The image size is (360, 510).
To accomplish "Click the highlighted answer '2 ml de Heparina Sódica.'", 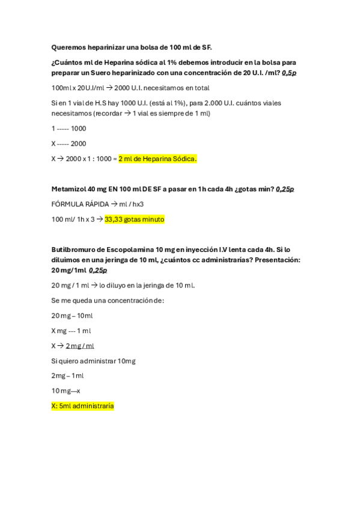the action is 157,159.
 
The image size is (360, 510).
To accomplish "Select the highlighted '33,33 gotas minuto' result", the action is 134,220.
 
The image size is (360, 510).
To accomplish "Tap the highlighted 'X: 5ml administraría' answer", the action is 82,406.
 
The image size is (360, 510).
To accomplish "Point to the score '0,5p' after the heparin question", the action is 288,72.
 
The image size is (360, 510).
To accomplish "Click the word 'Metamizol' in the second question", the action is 69,189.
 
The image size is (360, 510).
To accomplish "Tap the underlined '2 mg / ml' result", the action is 80,346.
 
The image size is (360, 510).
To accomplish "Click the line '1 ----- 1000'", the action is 69,128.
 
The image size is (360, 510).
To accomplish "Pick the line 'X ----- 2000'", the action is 69,143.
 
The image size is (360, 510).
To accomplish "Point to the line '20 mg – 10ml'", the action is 72,315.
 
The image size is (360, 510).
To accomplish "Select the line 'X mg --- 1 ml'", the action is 72,330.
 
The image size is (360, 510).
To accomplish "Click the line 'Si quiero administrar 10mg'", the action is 93,361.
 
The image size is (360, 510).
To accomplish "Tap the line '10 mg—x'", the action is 66,391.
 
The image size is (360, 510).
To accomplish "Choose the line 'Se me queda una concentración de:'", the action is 108,300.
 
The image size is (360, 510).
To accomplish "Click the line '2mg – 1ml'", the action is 67,376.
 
